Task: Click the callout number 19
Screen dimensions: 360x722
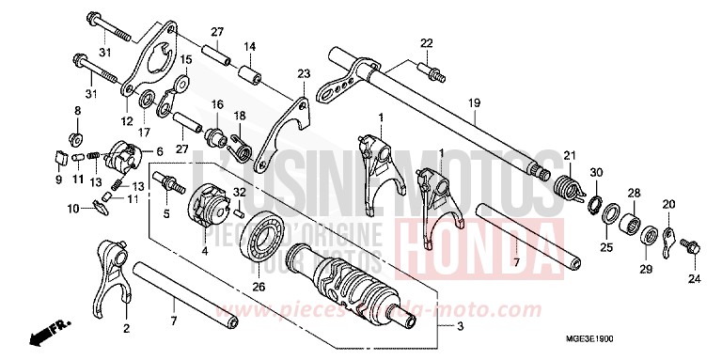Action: (x=474, y=102)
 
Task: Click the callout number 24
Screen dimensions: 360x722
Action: (x=693, y=279)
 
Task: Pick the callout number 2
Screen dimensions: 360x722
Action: (x=126, y=329)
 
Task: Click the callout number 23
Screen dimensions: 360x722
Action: (x=303, y=73)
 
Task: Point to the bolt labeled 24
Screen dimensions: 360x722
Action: (x=687, y=247)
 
